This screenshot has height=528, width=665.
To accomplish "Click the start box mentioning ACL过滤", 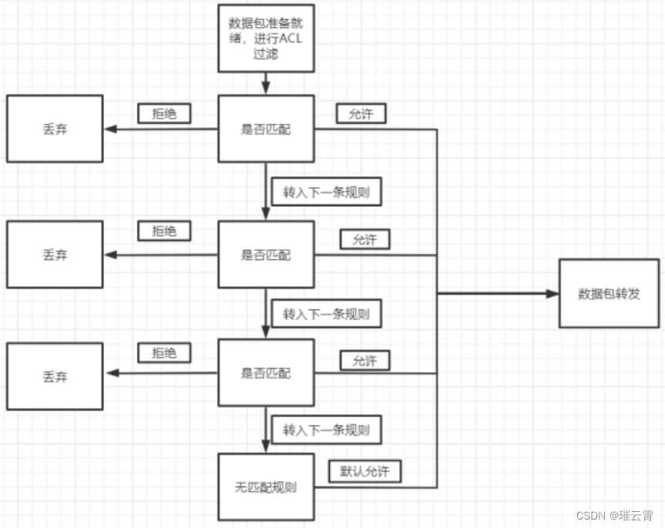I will click(266, 38).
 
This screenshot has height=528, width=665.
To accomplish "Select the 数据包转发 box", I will click(609, 293).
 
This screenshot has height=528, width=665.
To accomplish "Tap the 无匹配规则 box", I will click(266, 487).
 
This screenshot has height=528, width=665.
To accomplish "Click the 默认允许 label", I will click(364, 471).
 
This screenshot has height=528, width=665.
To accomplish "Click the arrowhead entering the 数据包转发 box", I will click(552, 293).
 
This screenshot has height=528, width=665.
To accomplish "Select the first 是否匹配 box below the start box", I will click(266, 129).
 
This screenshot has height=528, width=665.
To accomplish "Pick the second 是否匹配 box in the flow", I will click(266, 255).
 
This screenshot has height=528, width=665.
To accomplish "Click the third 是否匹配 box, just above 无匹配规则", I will click(266, 373).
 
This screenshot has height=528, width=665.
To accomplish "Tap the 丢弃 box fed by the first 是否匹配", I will click(55, 129).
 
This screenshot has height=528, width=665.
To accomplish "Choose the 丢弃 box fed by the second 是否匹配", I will click(55, 255).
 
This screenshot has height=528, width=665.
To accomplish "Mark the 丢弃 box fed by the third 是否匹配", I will click(55, 376).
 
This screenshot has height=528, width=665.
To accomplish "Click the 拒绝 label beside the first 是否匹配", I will click(164, 113).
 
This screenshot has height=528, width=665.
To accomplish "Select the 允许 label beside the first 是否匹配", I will click(361, 113).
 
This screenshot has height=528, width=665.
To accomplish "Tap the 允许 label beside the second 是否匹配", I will click(364, 239).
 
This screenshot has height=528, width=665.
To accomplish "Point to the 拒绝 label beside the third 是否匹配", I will click(164, 353).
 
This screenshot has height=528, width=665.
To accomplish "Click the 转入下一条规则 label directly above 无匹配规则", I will click(326, 429).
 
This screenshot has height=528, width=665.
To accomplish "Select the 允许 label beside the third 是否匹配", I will click(364, 359).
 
